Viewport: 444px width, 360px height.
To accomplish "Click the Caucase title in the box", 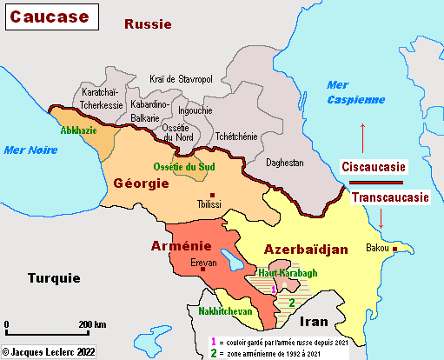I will [49, 17].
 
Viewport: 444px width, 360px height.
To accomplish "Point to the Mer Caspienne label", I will [355, 91].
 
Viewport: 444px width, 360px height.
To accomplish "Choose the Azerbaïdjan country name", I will [306, 249].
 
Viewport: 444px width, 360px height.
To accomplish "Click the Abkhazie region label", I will [80, 131].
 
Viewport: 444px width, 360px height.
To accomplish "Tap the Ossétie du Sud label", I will [182, 166].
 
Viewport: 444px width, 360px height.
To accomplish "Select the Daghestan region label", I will [284, 163].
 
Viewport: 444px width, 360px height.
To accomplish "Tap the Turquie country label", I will [53, 278].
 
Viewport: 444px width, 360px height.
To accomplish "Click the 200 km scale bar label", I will [92, 324].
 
